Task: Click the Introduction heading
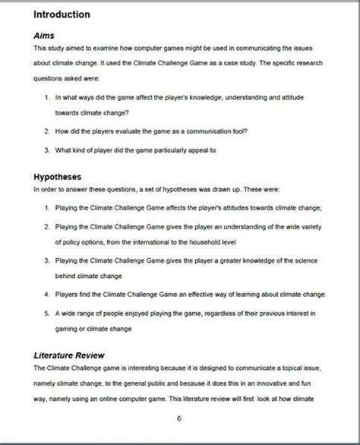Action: coord(62,14)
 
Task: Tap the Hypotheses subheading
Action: coord(61,177)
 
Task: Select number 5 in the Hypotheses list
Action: coord(47,312)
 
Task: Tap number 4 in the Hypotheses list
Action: coord(47,293)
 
